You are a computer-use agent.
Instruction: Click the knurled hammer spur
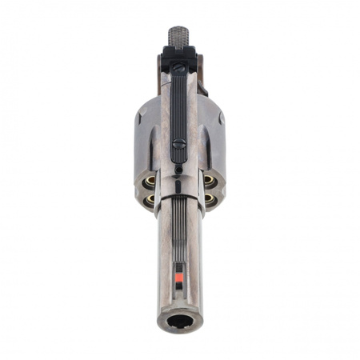pos(179,35)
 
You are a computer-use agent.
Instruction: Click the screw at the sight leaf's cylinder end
pos(179,145)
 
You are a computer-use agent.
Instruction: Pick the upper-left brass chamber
pos(148,182)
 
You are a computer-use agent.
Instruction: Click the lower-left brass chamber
pos(149,200)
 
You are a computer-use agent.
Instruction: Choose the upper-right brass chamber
pos(210,182)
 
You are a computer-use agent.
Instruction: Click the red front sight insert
pos(179,277)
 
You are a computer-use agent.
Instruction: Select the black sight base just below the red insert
pos(179,286)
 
